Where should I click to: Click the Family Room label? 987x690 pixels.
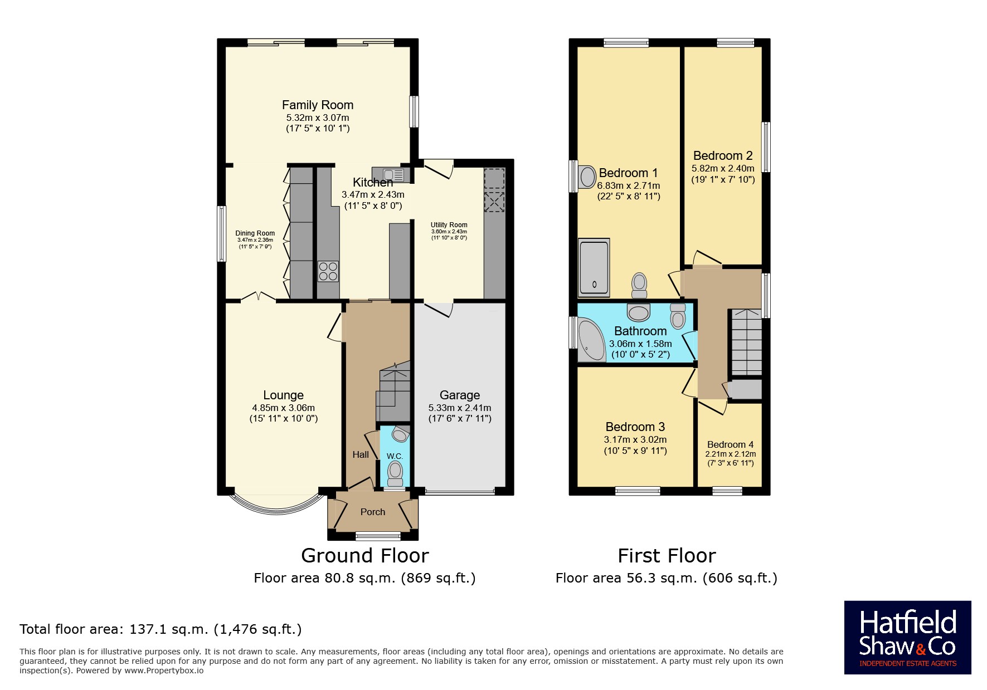[317, 105]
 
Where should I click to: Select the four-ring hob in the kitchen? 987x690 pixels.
[328, 271]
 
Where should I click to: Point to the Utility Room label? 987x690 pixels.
[449, 225]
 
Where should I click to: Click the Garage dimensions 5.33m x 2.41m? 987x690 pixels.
[460, 408]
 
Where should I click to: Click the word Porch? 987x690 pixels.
[373, 512]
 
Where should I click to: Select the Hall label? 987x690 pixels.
[361, 454]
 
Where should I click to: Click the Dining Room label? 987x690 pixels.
[255, 233]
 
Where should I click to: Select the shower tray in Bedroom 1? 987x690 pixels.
[594, 268]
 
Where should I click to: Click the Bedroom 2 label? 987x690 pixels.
[723, 156]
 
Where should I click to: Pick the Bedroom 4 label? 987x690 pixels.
[730, 444]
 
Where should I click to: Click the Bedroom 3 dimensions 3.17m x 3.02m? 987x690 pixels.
[635, 439]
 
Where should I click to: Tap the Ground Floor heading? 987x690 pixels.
[364, 555]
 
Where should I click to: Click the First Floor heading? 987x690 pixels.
[667, 555]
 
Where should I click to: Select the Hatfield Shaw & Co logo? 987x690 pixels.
[907, 638]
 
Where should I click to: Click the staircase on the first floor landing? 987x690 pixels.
[746, 342]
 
